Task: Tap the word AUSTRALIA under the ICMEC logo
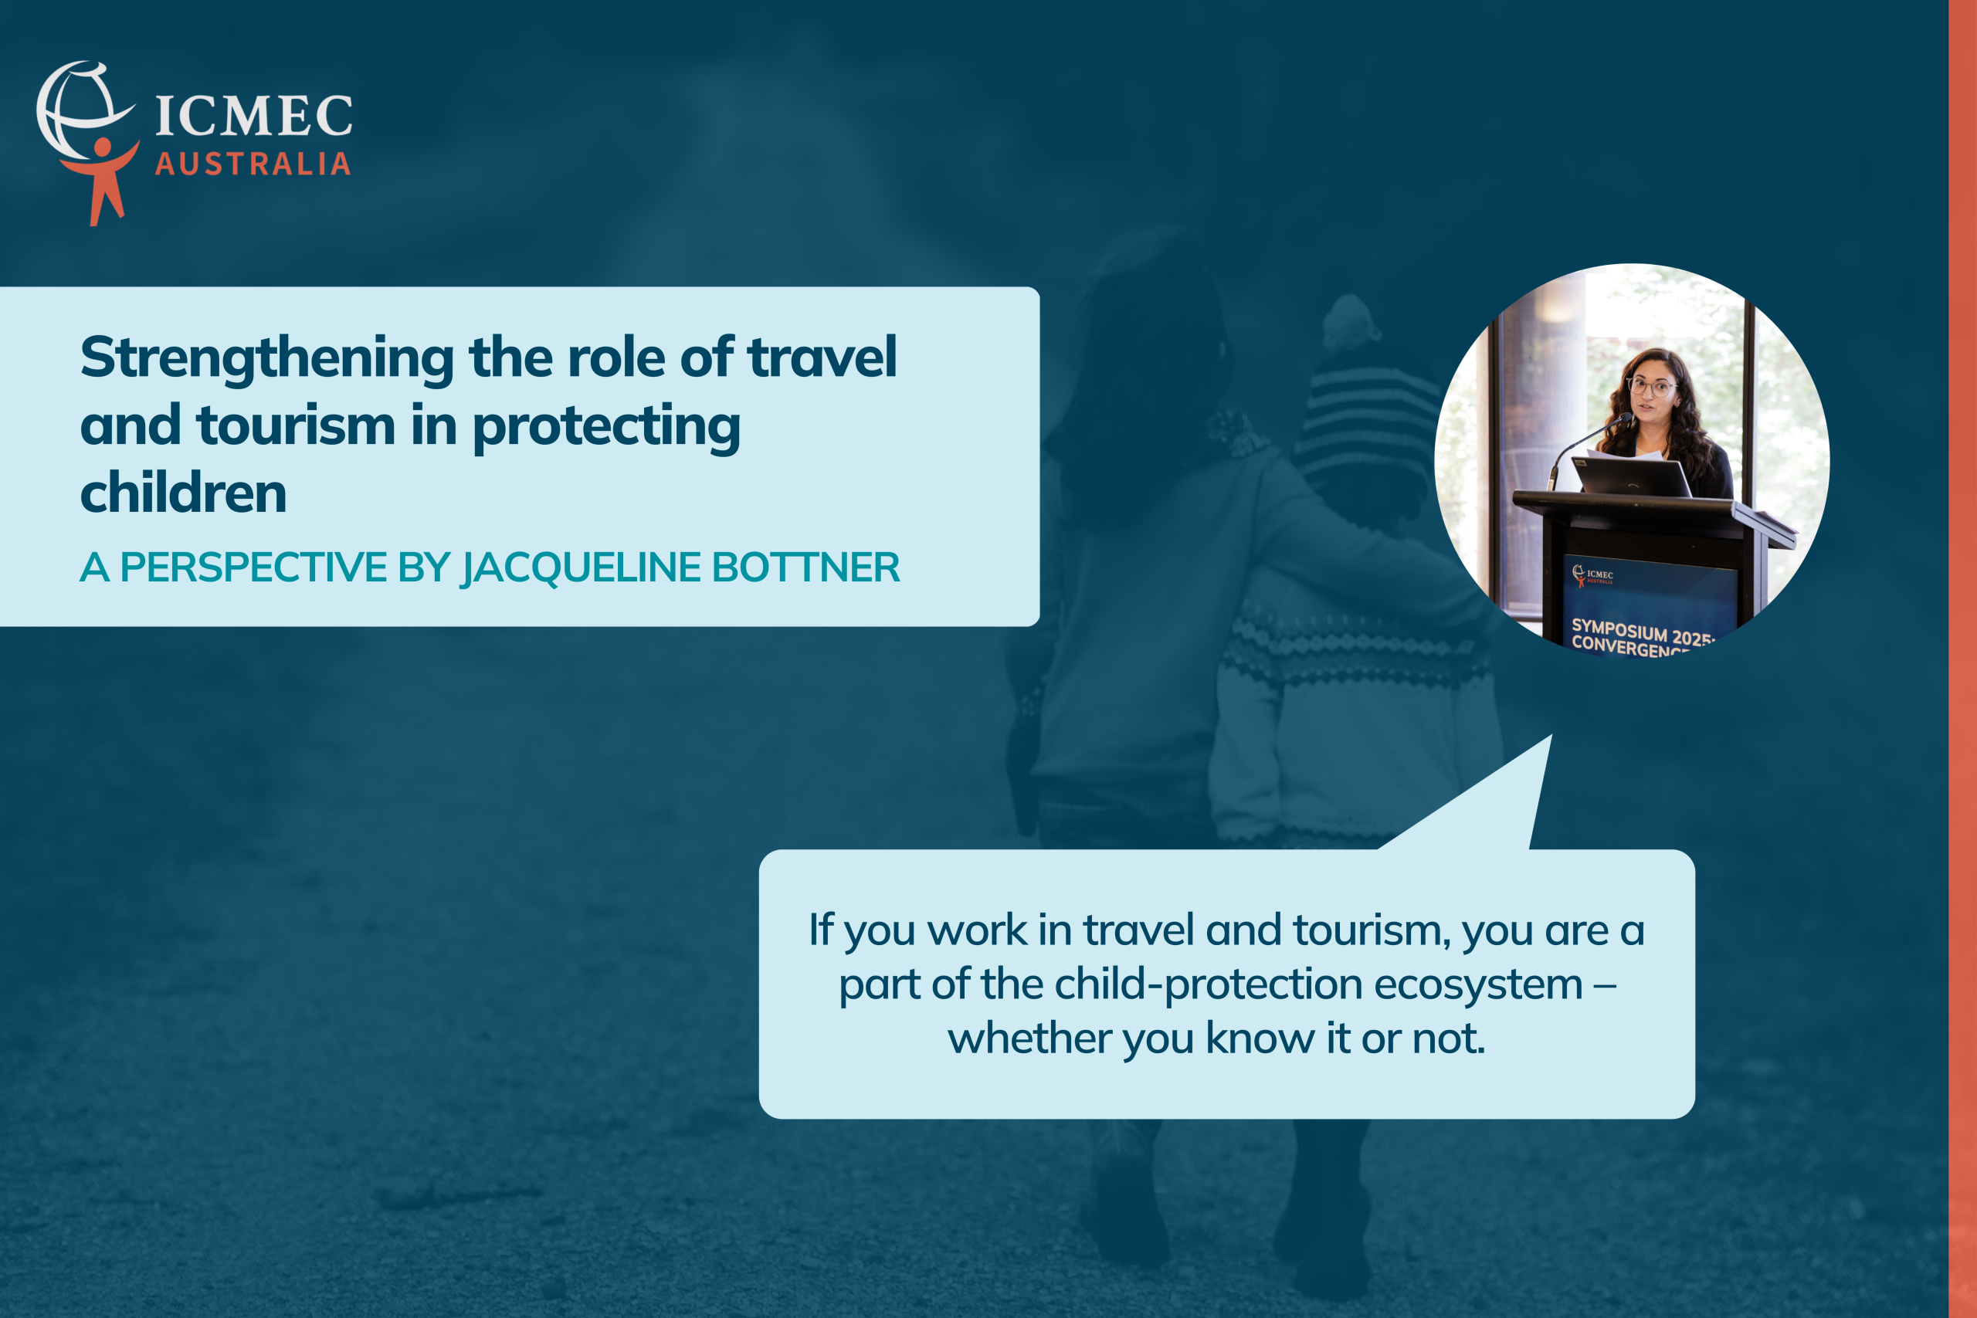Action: coord(253,164)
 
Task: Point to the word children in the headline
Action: coord(183,493)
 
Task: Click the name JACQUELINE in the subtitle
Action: coord(581,568)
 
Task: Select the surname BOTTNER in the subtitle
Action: coord(806,568)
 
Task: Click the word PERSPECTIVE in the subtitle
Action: coord(253,568)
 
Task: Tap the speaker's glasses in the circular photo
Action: coord(1651,387)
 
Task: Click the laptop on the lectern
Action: coord(1632,476)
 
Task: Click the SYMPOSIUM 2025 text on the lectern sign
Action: coord(1642,632)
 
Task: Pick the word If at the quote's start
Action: coord(820,929)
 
